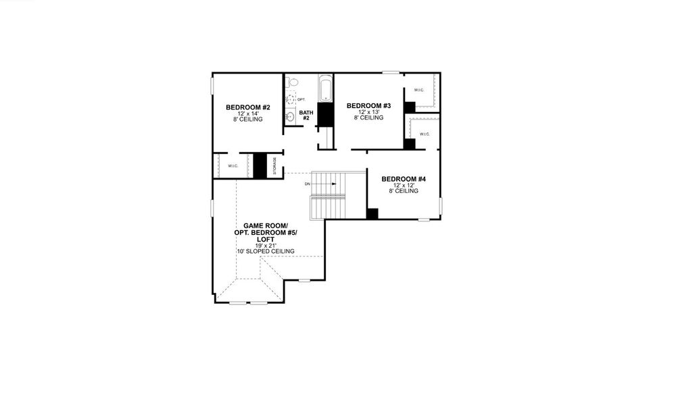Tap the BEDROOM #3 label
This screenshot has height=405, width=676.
click(x=368, y=105)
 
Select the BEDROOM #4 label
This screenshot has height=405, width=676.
click(x=403, y=179)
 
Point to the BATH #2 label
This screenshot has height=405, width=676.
click(x=306, y=115)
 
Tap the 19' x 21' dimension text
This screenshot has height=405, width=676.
click(x=265, y=245)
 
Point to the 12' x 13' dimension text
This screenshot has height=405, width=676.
click(x=368, y=112)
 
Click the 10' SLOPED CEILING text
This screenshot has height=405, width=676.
click(x=265, y=251)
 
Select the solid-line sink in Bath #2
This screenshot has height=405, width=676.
click(x=291, y=117)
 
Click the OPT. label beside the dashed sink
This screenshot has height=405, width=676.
click(x=301, y=99)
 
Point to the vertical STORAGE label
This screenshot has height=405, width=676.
click(x=274, y=166)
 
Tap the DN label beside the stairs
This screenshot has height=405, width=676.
click(x=307, y=184)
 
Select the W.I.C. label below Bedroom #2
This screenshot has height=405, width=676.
click(x=233, y=166)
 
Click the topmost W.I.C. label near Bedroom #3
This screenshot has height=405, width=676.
click(x=419, y=90)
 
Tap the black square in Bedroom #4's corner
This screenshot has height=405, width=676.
click(x=372, y=214)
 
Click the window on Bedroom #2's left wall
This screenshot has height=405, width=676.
click(x=212, y=87)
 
